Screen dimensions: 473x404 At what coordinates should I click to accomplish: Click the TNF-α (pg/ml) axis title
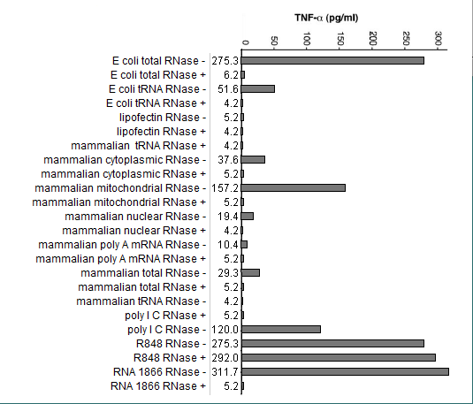(326, 18)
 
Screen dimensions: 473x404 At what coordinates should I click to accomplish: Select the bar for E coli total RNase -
(332, 61)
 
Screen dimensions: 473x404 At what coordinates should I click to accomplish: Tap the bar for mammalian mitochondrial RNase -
(294, 188)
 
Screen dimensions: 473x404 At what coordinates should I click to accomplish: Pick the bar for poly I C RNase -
(281, 329)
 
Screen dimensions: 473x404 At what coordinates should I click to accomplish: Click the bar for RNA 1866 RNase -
(345, 371)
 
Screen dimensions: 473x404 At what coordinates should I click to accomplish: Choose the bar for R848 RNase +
(339, 357)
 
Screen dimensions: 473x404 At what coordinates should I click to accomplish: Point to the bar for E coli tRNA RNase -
(258, 89)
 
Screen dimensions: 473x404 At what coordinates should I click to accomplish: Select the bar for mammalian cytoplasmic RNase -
(253, 160)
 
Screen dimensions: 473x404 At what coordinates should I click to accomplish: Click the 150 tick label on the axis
(339, 39)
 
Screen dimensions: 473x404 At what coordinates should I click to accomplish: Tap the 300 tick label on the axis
(439, 39)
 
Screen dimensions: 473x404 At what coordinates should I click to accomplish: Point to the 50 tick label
(274, 41)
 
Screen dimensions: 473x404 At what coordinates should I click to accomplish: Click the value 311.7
(225, 372)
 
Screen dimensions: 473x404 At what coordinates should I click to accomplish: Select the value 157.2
(225, 188)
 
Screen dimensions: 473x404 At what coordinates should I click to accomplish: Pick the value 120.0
(225, 330)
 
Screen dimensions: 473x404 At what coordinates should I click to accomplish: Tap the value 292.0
(225, 358)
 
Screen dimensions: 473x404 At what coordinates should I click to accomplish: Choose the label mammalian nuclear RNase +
(134, 231)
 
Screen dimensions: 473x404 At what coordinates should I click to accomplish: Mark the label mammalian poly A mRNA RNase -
(122, 245)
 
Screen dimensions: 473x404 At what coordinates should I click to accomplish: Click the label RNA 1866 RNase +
(158, 386)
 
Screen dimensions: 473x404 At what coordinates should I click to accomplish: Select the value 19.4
(228, 217)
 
